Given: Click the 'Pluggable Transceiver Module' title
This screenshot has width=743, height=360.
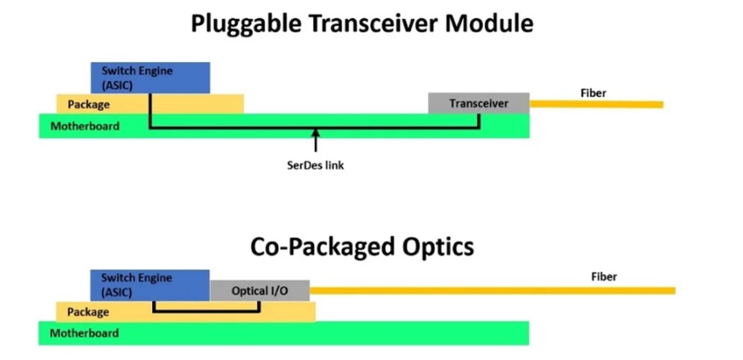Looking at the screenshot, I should coord(362,24).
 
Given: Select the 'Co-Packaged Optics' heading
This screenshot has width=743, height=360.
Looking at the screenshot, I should coord(362,246).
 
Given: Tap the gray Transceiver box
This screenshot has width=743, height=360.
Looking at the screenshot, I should coord(479,103).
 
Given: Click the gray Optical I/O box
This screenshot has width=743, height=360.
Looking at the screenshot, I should coord(260,290).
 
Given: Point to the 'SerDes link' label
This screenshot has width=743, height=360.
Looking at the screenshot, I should coord(316,165).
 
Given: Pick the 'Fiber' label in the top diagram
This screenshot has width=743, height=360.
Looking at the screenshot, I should coord(593,93).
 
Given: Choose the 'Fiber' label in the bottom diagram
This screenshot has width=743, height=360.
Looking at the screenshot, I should coord(603,277).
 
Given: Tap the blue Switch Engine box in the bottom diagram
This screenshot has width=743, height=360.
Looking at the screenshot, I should coord(149,284).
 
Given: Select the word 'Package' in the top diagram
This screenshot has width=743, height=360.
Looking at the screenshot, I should coord(88,105).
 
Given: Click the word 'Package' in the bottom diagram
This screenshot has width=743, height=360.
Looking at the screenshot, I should coord(87,312).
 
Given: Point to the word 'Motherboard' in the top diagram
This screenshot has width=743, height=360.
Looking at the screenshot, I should coord(84,126).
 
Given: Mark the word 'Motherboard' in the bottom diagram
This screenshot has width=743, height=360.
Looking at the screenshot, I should coord(84,333).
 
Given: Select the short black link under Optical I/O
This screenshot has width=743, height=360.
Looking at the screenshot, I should coord(207,310).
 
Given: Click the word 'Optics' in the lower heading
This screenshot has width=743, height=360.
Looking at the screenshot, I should coord(434,246).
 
